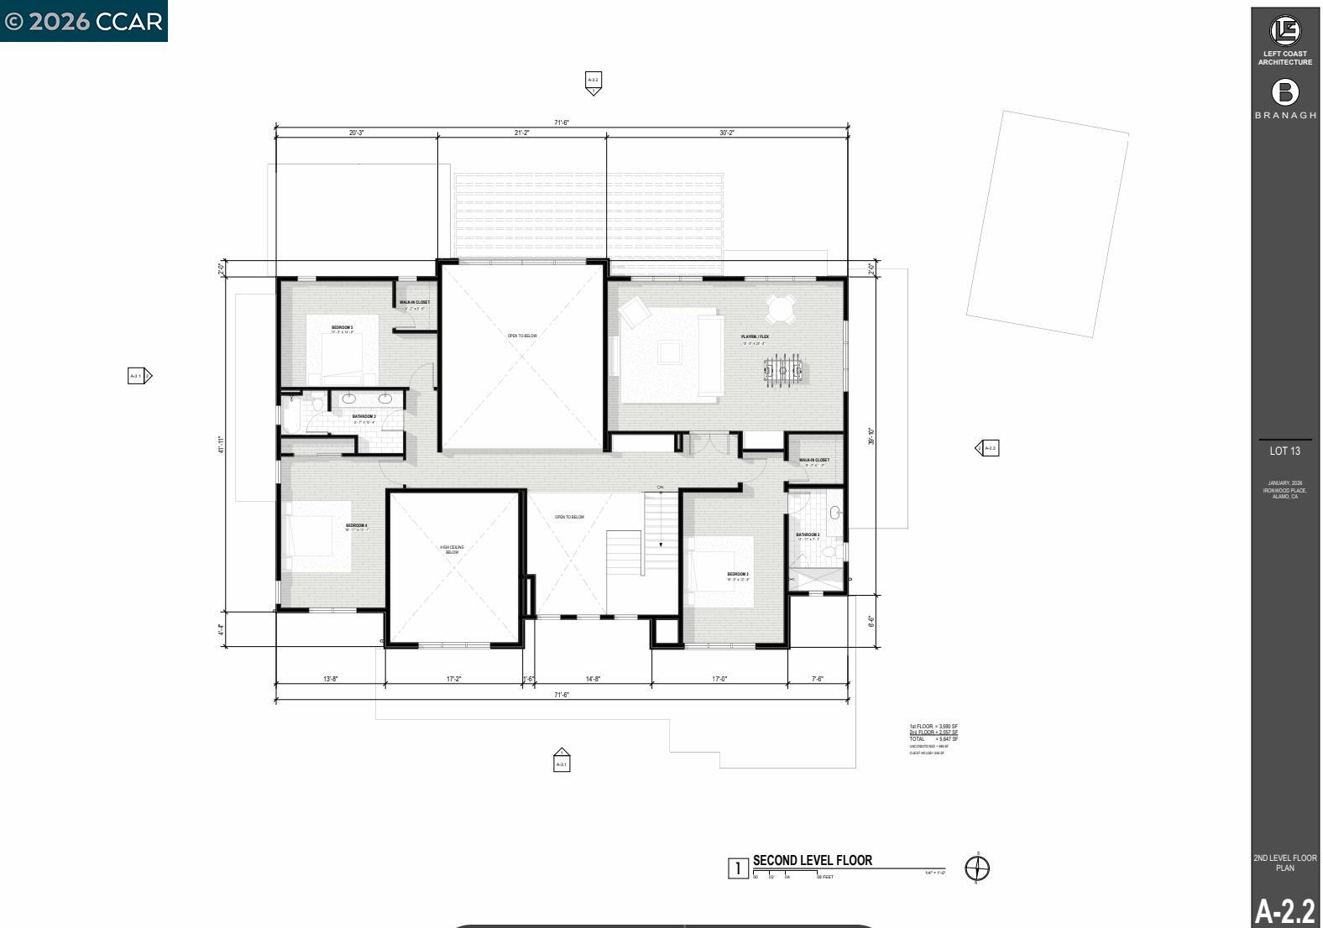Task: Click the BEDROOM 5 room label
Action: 342,327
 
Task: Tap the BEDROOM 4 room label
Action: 356,526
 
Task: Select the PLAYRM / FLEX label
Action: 755,336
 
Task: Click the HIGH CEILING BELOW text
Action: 452,550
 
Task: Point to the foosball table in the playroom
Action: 783,370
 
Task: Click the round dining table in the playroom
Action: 781,308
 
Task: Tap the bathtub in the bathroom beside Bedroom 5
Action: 290,410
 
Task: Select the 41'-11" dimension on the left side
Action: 222,445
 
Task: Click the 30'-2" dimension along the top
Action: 726,133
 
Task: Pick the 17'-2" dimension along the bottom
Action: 454,679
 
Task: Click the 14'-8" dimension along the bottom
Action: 593,679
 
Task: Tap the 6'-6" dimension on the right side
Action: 871,622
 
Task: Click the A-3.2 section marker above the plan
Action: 593,82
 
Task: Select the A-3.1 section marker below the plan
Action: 562,762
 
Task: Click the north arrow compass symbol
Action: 977,868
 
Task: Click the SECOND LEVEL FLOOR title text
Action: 812,860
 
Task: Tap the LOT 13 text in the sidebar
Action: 1284,451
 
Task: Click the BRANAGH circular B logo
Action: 1284,92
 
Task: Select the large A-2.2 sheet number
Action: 1284,910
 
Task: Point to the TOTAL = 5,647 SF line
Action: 933,739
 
